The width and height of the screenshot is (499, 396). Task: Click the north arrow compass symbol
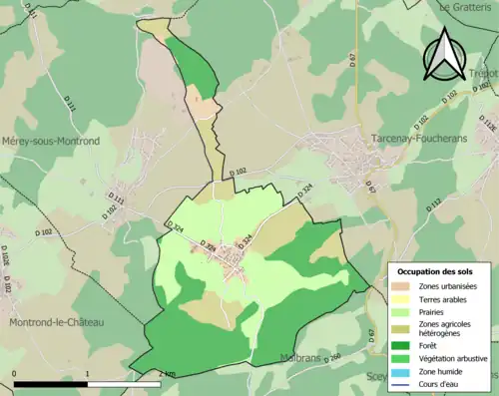(x=444, y=55)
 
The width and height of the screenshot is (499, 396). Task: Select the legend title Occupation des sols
(x=435, y=271)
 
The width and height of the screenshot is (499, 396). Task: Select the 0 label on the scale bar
(x=15, y=374)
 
